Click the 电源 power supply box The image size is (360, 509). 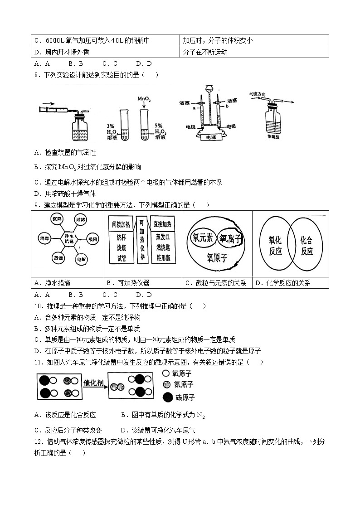(x=212, y=136)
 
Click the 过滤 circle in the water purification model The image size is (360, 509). (x=81, y=219)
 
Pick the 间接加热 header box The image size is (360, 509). (x=121, y=223)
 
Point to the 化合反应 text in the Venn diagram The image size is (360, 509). (x=307, y=246)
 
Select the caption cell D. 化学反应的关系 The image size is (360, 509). (x=290, y=283)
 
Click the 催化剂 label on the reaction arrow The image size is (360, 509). (x=94, y=383)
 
